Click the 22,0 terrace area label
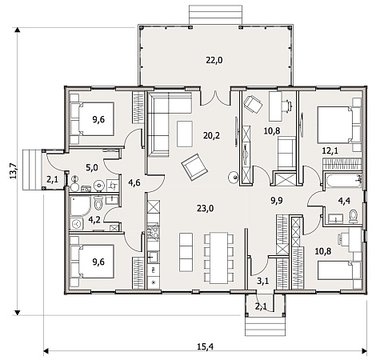coord(214,61)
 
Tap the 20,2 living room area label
coord(211,136)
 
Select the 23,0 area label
coord(206,208)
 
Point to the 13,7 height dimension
coord(14,171)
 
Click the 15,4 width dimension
coord(206,346)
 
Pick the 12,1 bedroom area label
coord(330,151)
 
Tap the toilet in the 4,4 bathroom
coord(354,217)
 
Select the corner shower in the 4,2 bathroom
coord(80,206)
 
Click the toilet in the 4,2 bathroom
coord(98,202)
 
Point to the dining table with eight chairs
coord(218,258)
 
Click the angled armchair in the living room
coord(194,167)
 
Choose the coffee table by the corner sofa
coord(185,134)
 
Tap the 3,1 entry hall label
coord(262,281)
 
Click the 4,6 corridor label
coord(134,183)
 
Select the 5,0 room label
coord(92,168)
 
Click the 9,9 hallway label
coord(277,201)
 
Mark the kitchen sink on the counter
coord(154,257)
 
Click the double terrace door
coord(215,98)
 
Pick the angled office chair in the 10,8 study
coord(253,105)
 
